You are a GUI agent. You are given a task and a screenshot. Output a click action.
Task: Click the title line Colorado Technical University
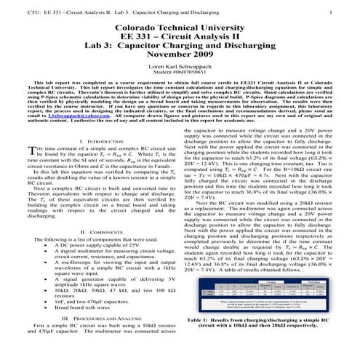(180, 27)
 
